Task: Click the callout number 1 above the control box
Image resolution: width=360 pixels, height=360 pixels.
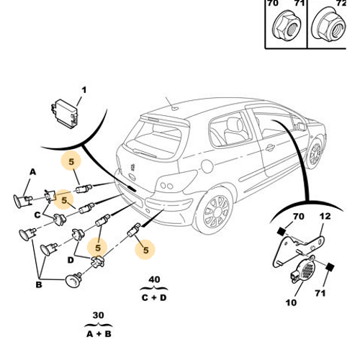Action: (84, 90)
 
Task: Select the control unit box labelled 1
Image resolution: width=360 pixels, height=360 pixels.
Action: (65, 114)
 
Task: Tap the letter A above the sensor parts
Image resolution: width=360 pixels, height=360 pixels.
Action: (32, 172)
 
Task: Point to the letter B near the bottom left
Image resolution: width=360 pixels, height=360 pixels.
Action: (39, 284)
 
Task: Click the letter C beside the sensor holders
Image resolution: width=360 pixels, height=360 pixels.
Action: (37, 215)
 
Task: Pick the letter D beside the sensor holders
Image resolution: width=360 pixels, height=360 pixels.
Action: (71, 260)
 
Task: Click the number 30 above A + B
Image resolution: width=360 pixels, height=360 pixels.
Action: (98, 315)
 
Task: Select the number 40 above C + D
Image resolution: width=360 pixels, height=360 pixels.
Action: (154, 279)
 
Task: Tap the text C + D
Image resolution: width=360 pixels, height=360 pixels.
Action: (154, 298)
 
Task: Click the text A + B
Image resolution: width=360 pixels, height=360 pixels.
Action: (99, 334)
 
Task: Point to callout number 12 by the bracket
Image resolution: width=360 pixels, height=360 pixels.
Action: (325, 216)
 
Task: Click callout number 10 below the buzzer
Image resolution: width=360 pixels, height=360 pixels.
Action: (291, 302)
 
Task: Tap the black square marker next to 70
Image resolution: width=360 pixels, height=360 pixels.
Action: (281, 232)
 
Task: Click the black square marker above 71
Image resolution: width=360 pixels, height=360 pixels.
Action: (330, 267)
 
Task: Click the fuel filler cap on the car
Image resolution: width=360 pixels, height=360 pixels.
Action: (207, 166)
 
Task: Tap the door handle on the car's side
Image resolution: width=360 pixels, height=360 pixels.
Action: (270, 148)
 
